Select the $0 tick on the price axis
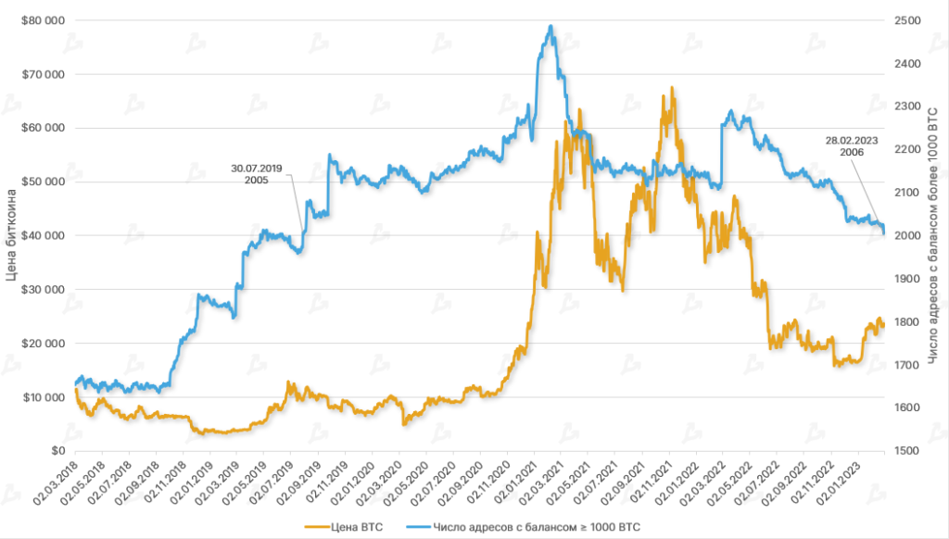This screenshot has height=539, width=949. (x=57, y=451)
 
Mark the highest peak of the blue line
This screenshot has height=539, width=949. (x=551, y=26)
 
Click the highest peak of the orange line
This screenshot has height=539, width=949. (x=672, y=88)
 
